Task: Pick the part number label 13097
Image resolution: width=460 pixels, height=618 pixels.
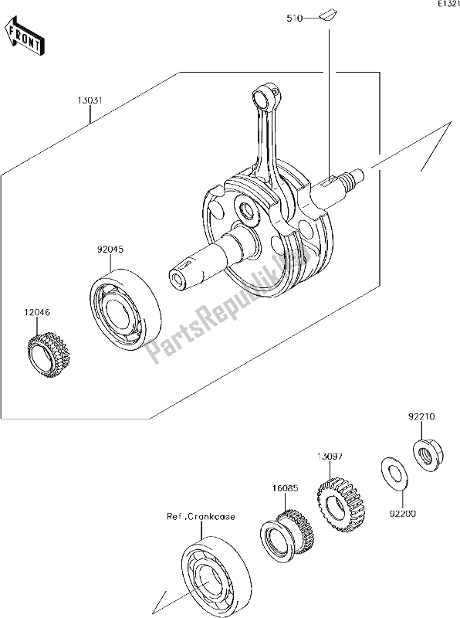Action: click(330, 457)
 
